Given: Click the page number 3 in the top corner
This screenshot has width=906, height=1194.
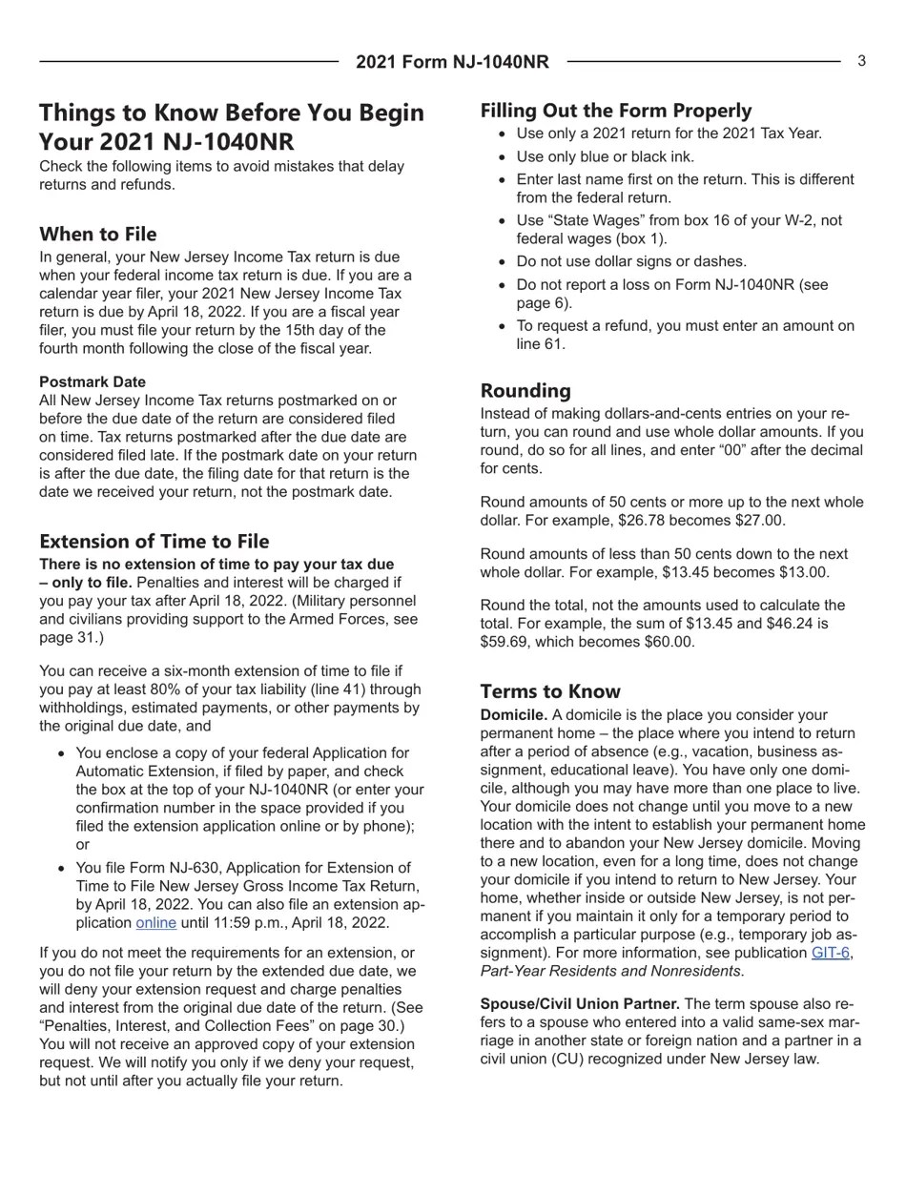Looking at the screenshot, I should [861, 61].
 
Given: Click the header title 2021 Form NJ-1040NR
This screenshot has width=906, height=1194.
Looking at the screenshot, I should [452, 62].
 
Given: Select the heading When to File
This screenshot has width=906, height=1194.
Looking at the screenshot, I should [98, 234].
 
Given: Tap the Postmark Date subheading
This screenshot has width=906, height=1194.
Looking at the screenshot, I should [93, 381].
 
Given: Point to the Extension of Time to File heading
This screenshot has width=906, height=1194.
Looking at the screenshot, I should [154, 541].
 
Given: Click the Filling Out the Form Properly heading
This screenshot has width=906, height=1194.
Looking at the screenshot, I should [615, 110].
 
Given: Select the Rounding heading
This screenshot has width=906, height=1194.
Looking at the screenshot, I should [525, 390].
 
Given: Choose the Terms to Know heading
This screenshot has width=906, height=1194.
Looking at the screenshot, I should [549, 691].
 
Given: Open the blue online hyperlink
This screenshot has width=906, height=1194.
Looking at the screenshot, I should [156, 922].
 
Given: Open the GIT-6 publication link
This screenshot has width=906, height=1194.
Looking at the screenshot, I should [830, 953].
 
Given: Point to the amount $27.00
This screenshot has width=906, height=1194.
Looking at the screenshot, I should [752, 521].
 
